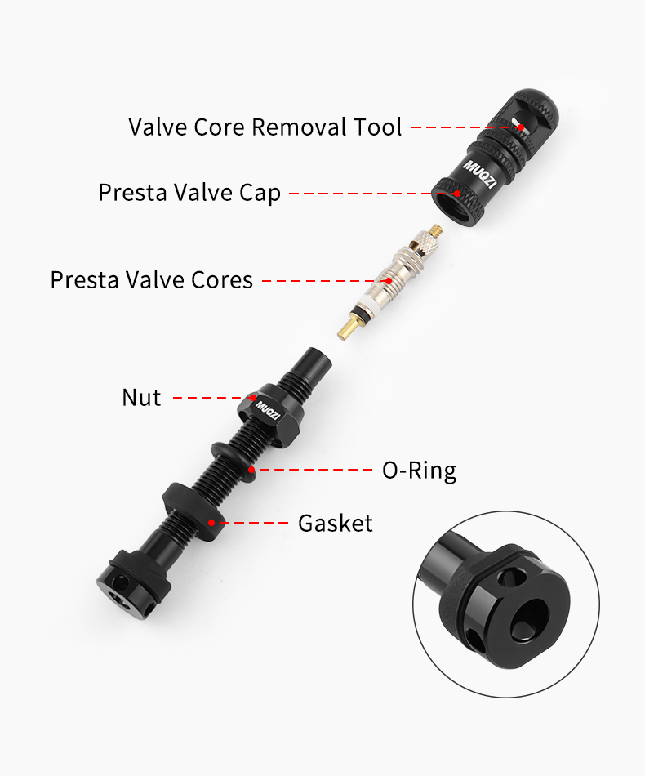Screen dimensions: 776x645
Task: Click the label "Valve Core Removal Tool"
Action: click(265, 127)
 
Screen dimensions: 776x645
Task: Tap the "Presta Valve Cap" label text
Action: click(189, 194)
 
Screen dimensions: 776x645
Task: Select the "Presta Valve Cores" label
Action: click(152, 279)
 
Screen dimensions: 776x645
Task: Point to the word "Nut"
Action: click(141, 398)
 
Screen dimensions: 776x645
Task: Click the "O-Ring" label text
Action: click(419, 471)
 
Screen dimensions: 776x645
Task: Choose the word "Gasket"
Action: click(335, 523)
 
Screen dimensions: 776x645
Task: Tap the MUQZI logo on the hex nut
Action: click(268, 406)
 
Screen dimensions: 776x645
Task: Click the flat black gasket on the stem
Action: click(193, 513)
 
